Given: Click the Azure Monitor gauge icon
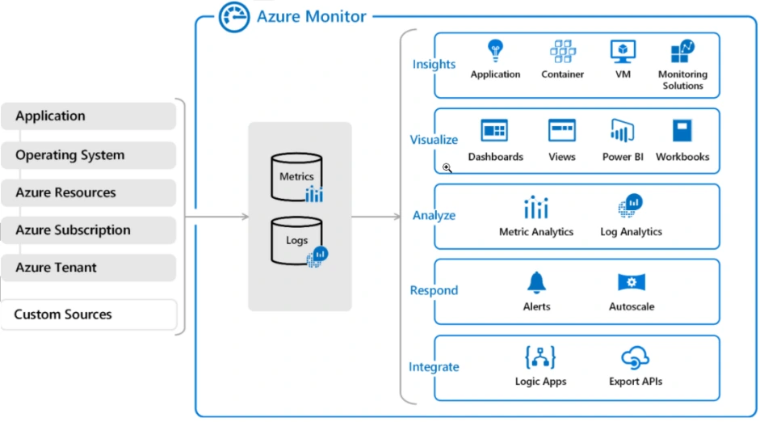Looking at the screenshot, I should click(x=233, y=17).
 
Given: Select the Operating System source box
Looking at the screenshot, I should click(x=88, y=155).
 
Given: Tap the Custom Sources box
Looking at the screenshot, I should click(x=88, y=314).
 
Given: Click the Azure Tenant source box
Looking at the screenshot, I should click(x=88, y=268).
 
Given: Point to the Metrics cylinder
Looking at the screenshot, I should click(x=296, y=177).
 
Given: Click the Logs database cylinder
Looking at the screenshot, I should click(x=296, y=240).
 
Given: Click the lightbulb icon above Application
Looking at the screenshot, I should click(x=495, y=52).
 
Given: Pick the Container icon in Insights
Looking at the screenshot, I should click(x=562, y=52).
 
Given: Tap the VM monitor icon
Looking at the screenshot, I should click(x=623, y=52).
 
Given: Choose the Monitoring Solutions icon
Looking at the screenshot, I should click(x=682, y=52).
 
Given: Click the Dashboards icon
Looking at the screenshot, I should click(x=494, y=131).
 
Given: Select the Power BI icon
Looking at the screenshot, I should click(x=622, y=131).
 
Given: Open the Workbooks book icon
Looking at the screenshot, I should click(x=682, y=131).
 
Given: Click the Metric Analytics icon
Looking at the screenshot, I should click(x=536, y=208).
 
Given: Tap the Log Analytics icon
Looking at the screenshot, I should click(x=630, y=207).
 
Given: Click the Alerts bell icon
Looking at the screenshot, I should click(x=536, y=282).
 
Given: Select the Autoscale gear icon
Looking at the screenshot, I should click(x=631, y=282).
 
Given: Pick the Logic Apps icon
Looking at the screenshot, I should click(x=540, y=357).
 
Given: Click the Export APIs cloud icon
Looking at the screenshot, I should click(x=635, y=357).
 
